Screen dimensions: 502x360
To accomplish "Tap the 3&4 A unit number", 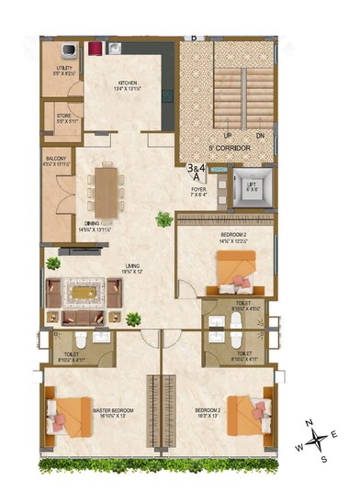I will pos(196,173).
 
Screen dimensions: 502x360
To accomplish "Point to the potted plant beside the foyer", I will pos(163,219).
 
